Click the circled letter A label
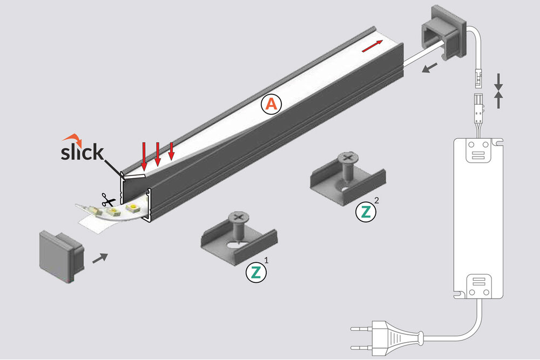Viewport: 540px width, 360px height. click(x=271, y=105)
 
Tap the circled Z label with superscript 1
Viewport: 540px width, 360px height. click(x=256, y=272)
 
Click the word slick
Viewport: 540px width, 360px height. click(x=82, y=152)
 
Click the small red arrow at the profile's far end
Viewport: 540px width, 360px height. click(x=373, y=46)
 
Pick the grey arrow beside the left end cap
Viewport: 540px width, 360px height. click(x=99, y=258)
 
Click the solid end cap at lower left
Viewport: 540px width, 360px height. click(x=61, y=256)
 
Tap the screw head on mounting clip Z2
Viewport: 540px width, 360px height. click(x=346, y=159)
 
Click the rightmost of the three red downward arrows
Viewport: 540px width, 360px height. click(x=171, y=151)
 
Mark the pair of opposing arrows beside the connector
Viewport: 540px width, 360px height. click(x=498, y=91)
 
